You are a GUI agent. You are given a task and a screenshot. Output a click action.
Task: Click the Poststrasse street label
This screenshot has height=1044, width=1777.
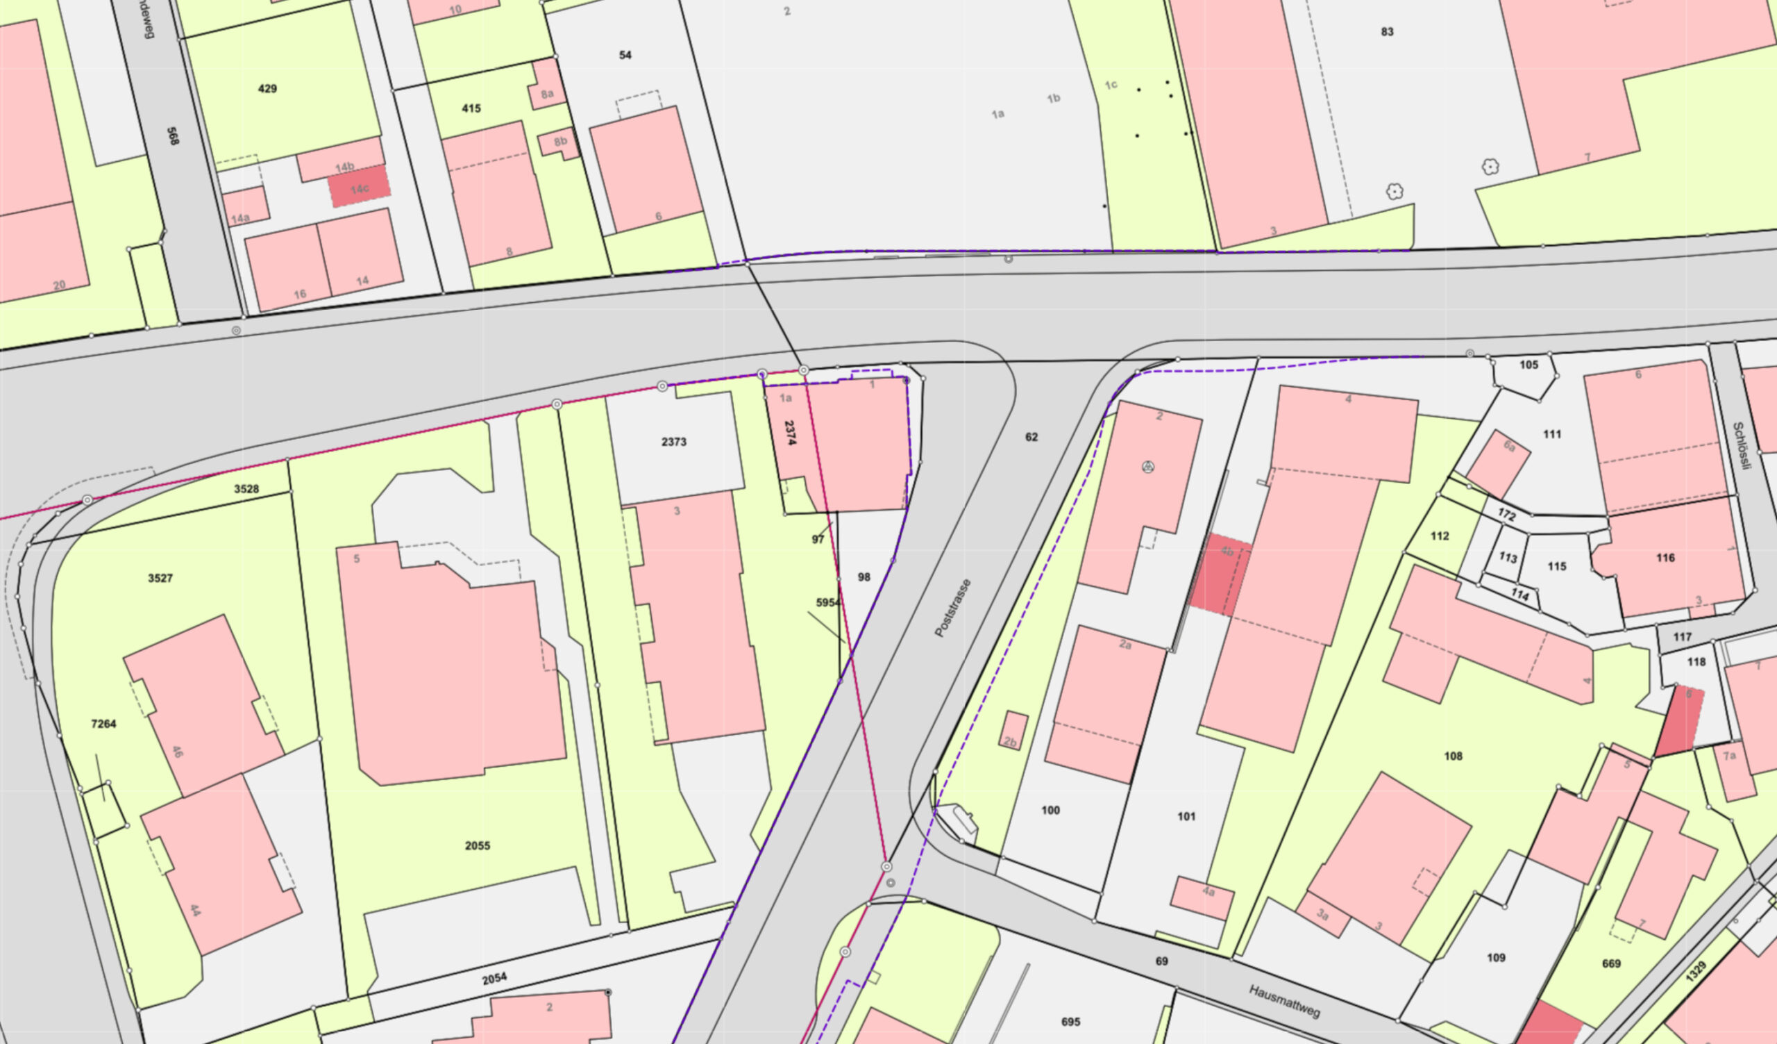(952, 607)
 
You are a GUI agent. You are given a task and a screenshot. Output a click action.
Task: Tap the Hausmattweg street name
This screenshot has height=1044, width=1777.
(1284, 1001)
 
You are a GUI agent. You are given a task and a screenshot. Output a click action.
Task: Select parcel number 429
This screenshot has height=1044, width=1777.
(267, 89)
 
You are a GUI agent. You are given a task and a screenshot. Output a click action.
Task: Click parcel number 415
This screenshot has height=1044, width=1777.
(471, 108)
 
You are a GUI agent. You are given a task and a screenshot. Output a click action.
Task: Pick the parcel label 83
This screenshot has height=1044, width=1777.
(1387, 32)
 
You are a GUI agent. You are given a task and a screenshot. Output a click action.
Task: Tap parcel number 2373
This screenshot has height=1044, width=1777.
(673, 442)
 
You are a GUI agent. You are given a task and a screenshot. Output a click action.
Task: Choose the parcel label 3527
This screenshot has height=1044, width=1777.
(160, 579)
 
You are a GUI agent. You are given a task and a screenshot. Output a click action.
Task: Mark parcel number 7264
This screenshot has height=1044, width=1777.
(103, 724)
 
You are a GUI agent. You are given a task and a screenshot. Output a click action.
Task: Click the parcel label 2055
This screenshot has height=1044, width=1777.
(478, 846)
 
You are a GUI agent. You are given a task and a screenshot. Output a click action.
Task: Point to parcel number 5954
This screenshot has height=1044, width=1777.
(828, 602)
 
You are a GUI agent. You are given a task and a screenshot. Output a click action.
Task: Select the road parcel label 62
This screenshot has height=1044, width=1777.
(1031, 438)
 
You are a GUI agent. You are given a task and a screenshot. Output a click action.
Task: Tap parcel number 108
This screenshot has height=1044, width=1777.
(1453, 756)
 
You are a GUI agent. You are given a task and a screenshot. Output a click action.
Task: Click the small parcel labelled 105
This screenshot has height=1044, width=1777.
(1528, 365)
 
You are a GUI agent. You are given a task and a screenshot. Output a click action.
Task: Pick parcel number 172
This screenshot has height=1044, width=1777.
(1506, 515)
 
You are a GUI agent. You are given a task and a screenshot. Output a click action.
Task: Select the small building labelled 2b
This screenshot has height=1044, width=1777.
(1014, 731)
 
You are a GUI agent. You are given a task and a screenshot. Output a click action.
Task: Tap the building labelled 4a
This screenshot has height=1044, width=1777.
(1202, 897)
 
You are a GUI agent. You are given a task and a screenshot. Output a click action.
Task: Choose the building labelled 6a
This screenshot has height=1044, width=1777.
(1498, 463)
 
